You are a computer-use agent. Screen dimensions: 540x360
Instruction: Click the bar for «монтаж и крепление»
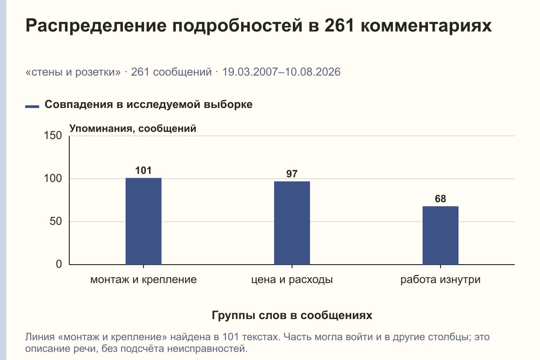[144, 221]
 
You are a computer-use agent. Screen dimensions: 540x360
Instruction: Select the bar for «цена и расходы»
[292, 223]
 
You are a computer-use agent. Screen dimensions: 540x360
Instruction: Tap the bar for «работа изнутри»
[441, 235]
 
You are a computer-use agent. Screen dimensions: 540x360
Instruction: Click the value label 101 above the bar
[144, 171]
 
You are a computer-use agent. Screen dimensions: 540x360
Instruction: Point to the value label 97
[292, 174]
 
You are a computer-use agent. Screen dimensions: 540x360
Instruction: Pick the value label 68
[441, 199]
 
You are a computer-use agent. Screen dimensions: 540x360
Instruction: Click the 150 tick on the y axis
[53, 135]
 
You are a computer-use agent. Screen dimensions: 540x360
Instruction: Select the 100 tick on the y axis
[53, 179]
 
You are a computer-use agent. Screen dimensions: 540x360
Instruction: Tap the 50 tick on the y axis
[56, 221]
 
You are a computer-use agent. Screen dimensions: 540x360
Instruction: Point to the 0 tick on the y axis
[59, 264]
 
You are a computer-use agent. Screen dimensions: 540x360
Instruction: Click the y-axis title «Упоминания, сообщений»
[133, 129]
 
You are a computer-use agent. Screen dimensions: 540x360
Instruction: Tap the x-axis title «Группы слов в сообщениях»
[292, 315]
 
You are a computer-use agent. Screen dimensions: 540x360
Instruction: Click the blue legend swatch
[32, 107]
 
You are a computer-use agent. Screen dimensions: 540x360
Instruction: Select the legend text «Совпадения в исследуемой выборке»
[148, 104]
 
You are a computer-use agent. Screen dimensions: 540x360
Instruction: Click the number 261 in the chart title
[339, 25]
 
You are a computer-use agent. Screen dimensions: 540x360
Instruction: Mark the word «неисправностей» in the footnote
[207, 349]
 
